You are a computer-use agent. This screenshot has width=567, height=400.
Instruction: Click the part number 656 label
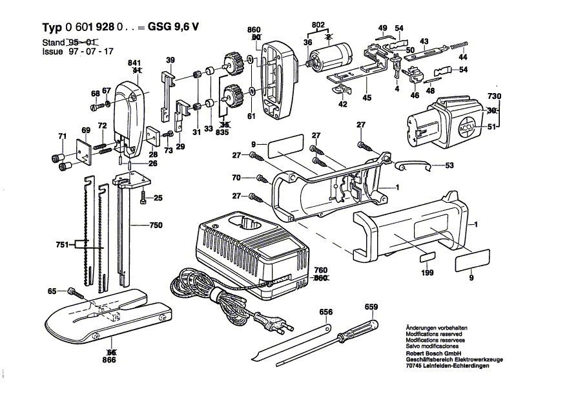tap(326, 312)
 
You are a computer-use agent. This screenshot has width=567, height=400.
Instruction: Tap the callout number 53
tap(449, 165)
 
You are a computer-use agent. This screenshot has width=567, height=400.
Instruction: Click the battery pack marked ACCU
tap(446, 122)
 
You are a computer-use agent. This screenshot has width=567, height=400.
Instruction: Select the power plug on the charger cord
tap(271, 321)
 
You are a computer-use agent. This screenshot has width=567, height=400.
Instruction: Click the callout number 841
tap(135, 62)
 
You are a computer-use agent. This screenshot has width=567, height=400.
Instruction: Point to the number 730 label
tap(494, 96)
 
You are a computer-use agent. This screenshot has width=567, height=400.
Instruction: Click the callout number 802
tap(318, 25)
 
